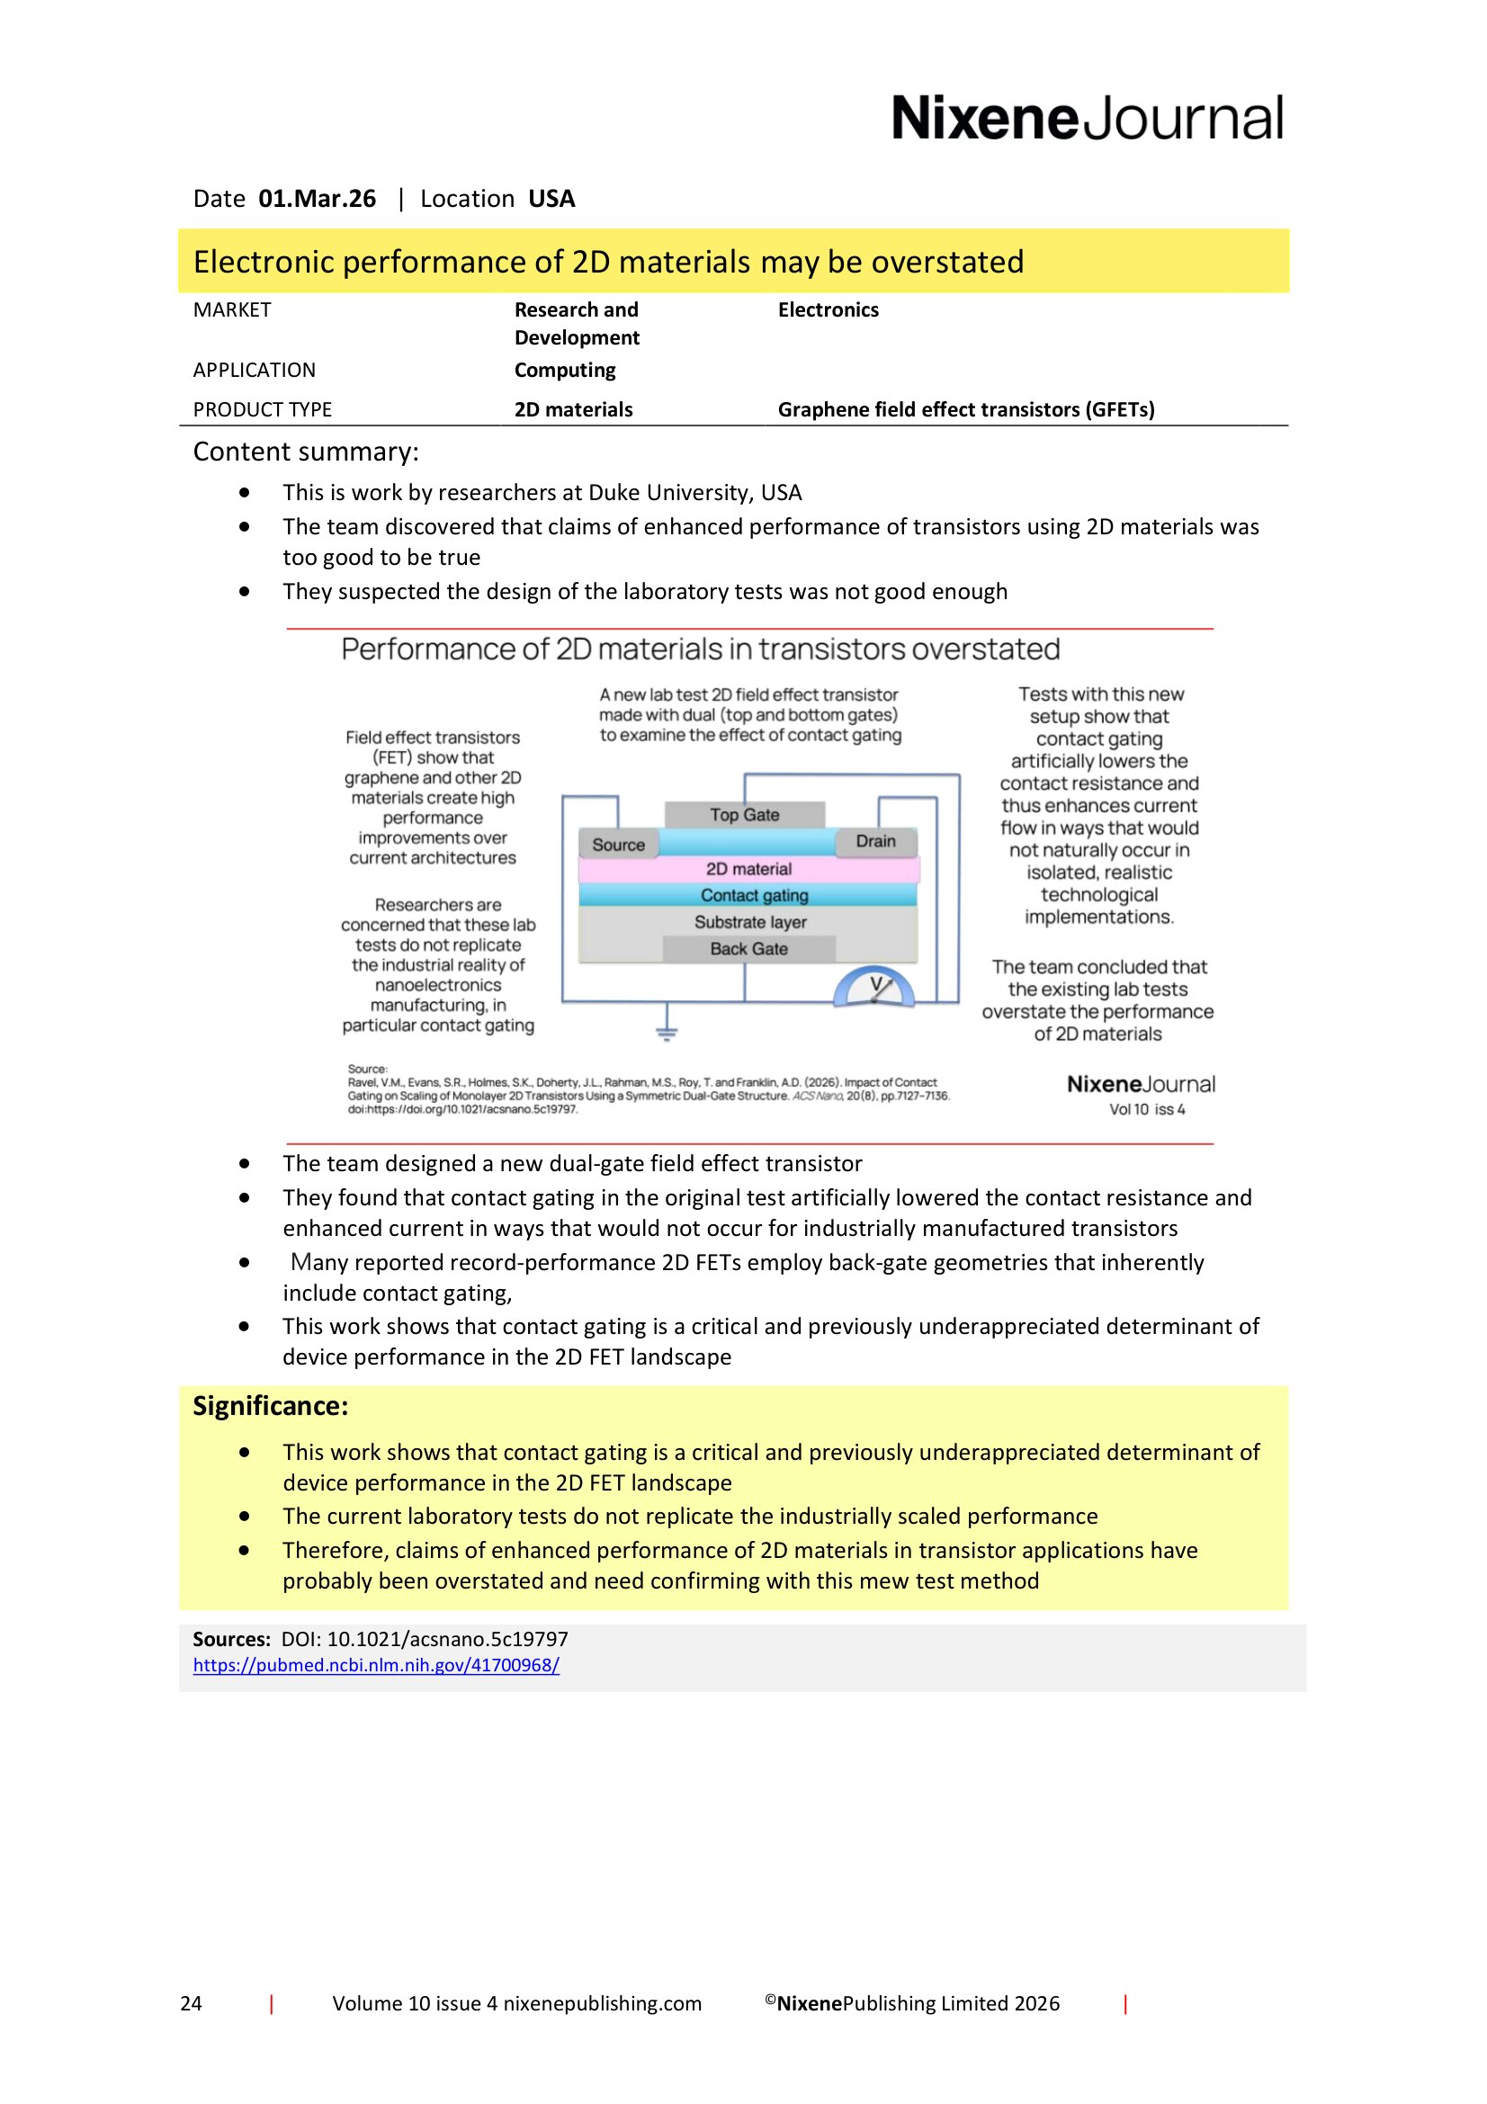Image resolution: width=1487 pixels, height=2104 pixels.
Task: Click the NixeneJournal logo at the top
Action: click(1087, 118)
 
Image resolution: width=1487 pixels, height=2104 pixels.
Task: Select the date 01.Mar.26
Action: click(317, 199)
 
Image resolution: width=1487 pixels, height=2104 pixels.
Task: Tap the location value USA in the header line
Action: click(551, 199)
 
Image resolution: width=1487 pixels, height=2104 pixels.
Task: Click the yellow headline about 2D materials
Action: click(608, 262)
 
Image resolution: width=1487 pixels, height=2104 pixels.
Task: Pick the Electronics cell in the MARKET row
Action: click(828, 309)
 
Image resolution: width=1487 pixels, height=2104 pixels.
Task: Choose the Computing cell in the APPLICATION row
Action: click(564, 371)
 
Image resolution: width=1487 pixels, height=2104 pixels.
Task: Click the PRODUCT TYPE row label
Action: click(262, 409)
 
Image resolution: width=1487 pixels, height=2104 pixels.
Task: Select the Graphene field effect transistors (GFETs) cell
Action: click(964, 409)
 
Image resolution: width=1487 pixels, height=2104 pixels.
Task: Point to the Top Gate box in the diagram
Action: click(744, 815)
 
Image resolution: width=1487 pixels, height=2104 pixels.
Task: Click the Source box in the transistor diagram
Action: click(618, 845)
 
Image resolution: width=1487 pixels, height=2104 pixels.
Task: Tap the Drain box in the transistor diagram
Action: click(875, 841)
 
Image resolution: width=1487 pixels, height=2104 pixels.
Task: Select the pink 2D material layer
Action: click(748, 869)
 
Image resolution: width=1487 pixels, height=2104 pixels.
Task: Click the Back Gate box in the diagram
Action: click(748, 949)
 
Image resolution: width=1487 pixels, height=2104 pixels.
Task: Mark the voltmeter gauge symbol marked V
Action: click(874, 988)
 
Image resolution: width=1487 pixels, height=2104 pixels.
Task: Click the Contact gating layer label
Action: click(753, 895)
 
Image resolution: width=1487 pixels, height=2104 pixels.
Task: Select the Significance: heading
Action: click(270, 1406)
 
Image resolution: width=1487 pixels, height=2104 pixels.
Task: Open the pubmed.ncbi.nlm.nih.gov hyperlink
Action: click(376, 1665)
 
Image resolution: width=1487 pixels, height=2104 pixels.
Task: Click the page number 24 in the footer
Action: click(191, 2003)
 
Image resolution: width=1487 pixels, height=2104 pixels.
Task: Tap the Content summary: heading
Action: click(305, 452)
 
